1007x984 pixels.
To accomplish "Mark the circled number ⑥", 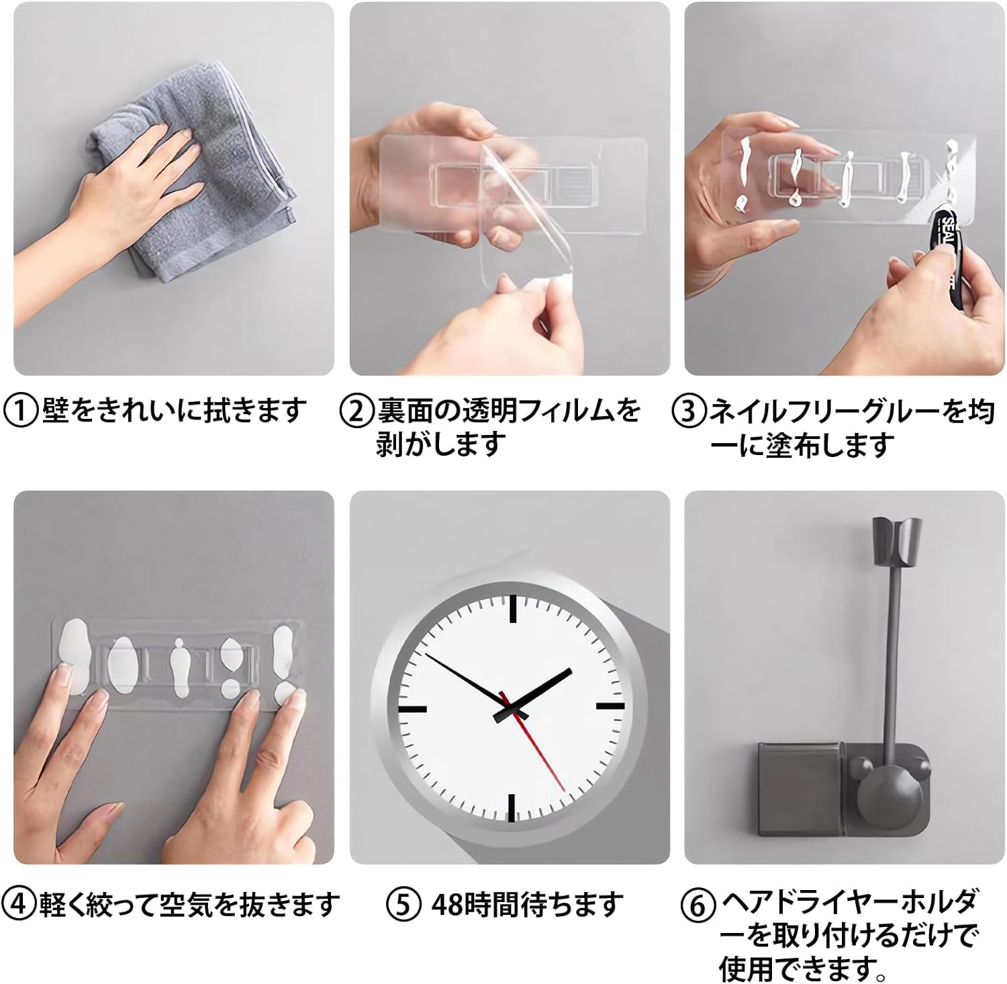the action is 698,905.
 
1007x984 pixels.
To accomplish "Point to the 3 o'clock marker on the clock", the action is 611,706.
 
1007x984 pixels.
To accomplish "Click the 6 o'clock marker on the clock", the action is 512,808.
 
